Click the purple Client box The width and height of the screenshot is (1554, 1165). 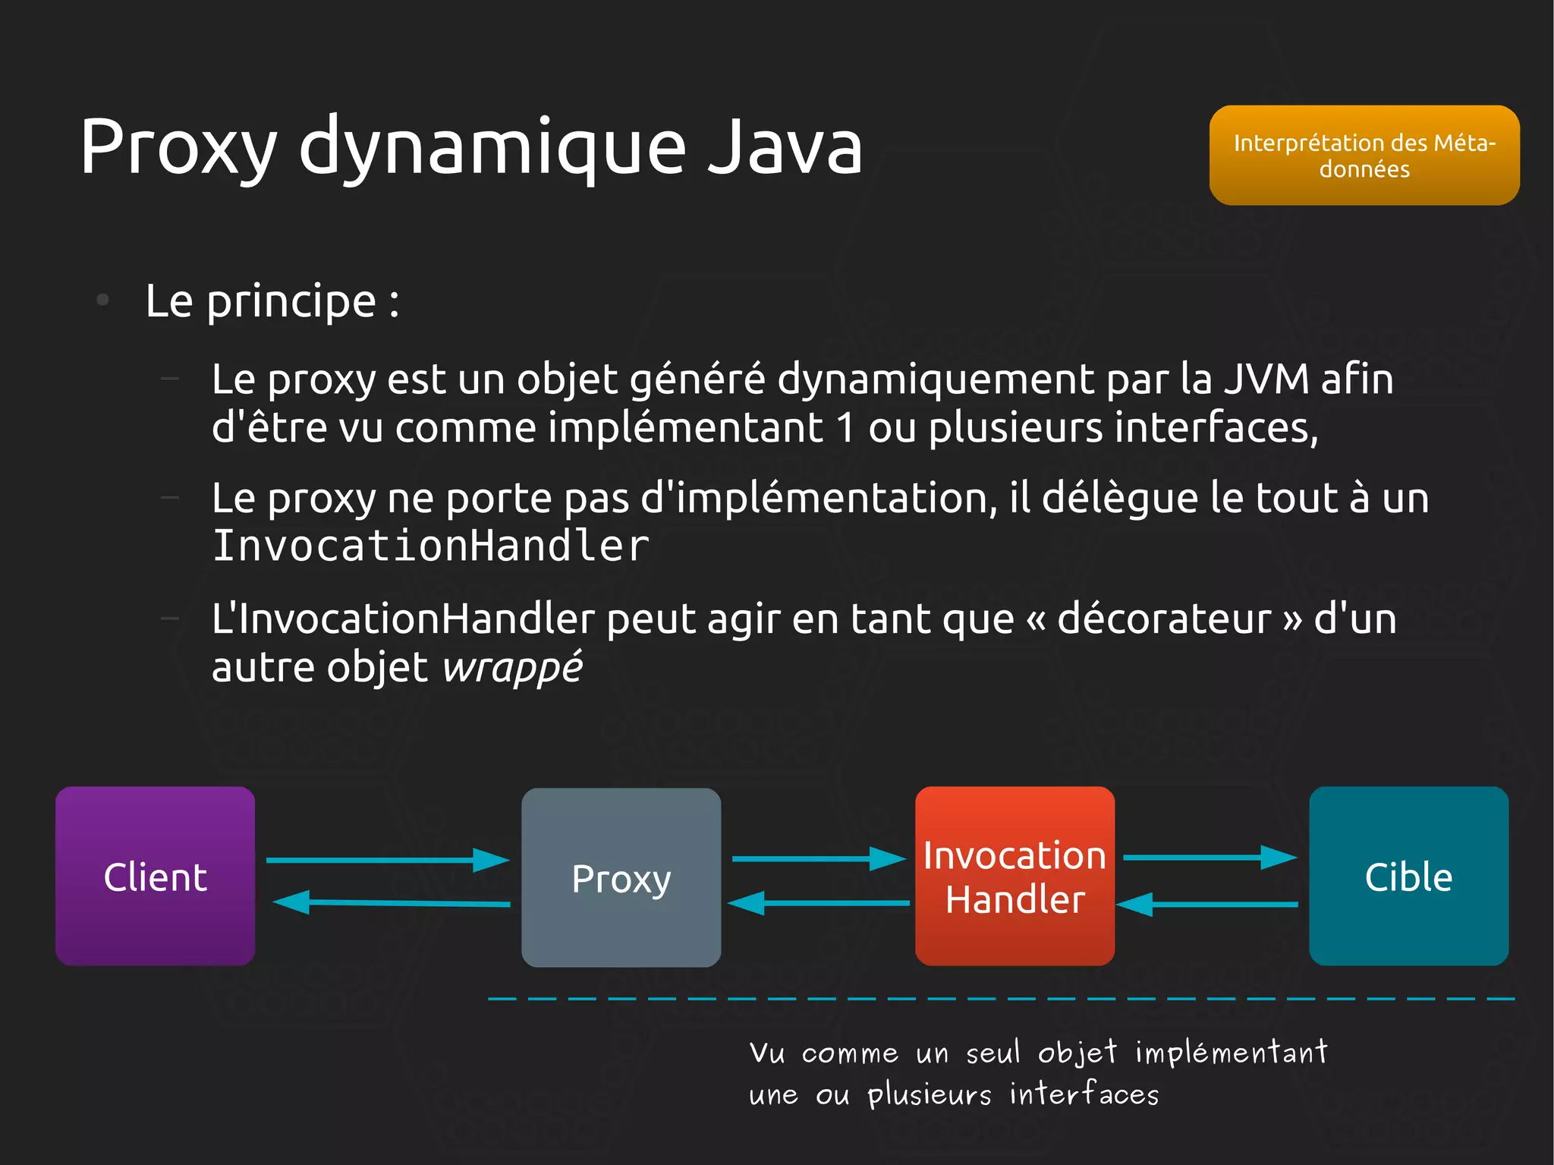click(155, 876)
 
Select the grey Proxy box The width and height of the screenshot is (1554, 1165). click(621, 877)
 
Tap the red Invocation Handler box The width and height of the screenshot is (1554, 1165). click(1015, 876)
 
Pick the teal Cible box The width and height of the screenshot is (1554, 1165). click(1408, 876)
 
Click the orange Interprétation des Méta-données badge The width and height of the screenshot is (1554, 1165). click(1364, 156)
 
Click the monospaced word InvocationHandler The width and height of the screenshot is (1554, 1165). click(430, 546)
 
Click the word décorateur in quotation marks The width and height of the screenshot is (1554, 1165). click(1164, 619)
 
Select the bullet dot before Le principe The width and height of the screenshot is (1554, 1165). click(103, 301)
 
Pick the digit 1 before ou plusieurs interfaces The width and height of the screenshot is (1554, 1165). click(845, 427)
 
